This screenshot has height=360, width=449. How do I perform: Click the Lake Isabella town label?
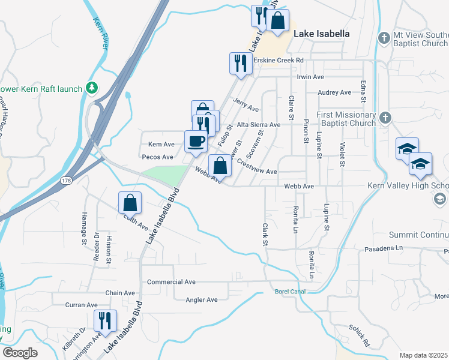[x=321, y=34]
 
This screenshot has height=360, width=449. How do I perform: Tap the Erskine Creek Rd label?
[x=279, y=61]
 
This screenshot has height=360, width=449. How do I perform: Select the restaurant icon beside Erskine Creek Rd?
[x=239, y=63]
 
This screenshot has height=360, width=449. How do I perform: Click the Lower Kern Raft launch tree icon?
[x=92, y=89]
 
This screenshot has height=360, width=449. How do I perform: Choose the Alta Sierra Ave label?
[x=259, y=125]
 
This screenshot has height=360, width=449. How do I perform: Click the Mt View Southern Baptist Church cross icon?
[x=384, y=38]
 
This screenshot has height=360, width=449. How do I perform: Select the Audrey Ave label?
[x=334, y=92]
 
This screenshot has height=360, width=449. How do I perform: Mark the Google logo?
[x=20, y=353]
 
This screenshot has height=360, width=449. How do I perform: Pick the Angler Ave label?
[x=202, y=299]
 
